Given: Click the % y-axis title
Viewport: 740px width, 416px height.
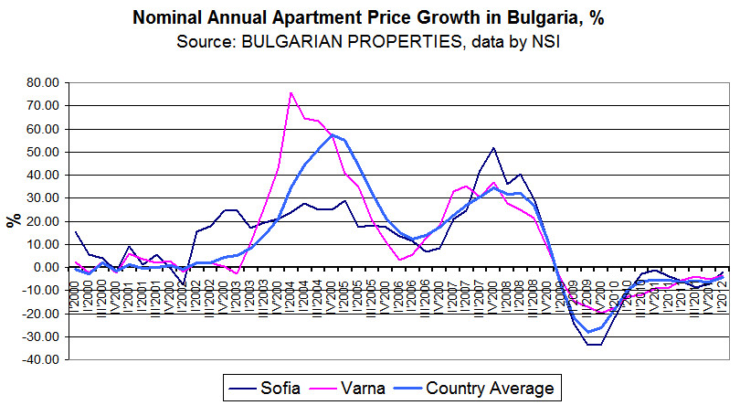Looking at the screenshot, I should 13,221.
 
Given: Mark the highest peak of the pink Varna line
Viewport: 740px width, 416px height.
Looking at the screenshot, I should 291,92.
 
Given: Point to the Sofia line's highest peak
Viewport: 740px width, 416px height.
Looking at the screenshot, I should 493,148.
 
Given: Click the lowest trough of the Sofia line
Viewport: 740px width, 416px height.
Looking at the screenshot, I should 594,345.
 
